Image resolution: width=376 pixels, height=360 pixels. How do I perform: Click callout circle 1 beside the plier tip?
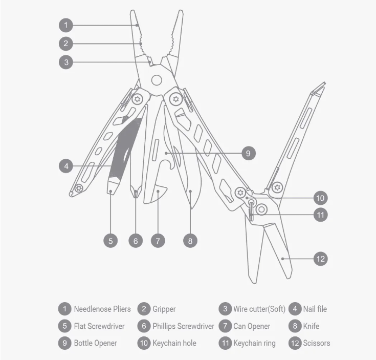pyautogui.click(x=66, y=25)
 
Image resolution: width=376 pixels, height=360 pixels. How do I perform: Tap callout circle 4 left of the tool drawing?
pyautogui.click(x=66, y=166)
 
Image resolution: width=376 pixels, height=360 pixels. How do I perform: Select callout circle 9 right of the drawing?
pyautogui.click(x=248, y=153)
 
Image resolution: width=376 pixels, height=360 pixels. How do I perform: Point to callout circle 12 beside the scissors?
pyautogui.click(x=320, y=259)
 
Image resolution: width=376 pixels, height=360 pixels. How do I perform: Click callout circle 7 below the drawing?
pyautogui.click(x=159, y=240)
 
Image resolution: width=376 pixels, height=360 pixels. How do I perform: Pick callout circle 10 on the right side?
pyautogui.click(x=320, y=198)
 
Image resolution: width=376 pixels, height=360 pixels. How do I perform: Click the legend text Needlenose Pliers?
pyautogui.click(x=102, y=309)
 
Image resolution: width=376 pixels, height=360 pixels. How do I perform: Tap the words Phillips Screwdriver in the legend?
pyautogui.click(x=183, y=326)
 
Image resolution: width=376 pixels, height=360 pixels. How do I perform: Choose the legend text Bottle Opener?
pyautogui.click(x=95, y=343)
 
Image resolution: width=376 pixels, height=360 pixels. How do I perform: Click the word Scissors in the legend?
pyautogui.click(x=316, y=343)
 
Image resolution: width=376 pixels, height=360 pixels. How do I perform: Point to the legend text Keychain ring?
pyautogui.click(x=254, y=343)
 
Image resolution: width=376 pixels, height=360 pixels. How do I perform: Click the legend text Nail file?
pyautogui.click(x=315, y=309)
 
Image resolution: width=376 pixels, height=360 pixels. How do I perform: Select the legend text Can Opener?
pyautogui.click(x=252, y=326)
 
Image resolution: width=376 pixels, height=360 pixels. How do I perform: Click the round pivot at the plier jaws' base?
pyautogui.click(x=157, y=80)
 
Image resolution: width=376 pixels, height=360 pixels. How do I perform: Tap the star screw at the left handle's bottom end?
pyautogui.click(x=78, y=188)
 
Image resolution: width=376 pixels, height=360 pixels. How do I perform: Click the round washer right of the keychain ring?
pyautogui.click(x=262, y=209)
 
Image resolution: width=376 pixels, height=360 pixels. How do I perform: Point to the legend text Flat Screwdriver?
pyautogui.click(x=99, y=326)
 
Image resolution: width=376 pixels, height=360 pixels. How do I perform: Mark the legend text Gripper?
pyautogui.click(x=164, y=309)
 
